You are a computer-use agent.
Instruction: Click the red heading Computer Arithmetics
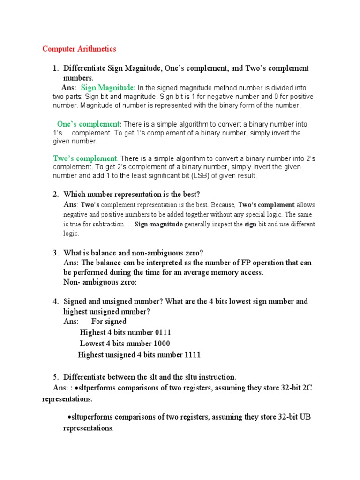pyautogui.click(x=79, y=49)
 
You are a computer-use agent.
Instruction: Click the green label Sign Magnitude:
pyautogui.click(x=108, y=88)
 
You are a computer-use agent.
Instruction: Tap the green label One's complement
pyautogui.click(x=88, y=124)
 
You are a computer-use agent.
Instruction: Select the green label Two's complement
pyautogui.click(x=85, y=159)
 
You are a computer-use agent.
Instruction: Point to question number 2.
pyautogui.click(x=55, y=194)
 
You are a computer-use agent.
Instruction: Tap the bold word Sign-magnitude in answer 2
pyautogui.click(x=158, y=225)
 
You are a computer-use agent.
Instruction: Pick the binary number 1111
pyautogui.click(x=191, y=355)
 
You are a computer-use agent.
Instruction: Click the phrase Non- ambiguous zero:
pyautogui.click(x=100, y=282)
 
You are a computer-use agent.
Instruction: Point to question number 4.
pyautogui.click(x=55, y=301)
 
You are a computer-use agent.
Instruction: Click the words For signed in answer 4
pyautogui.click(x=109, y=321)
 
